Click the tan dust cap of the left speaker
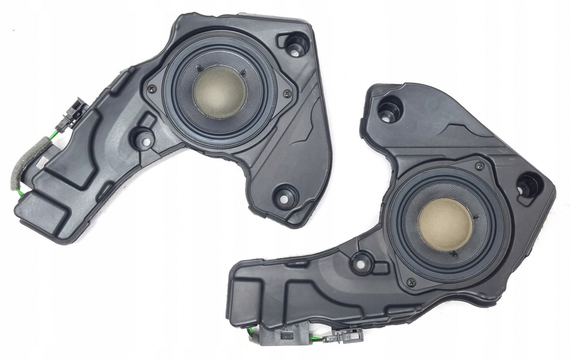point(219,91)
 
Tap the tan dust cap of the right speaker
point(445,224)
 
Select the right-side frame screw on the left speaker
point(288,95)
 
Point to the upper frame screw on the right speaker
point(479,165)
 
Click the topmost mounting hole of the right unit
point(389,108)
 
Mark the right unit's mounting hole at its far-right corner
point(527,185)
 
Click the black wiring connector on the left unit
point(74,110)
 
